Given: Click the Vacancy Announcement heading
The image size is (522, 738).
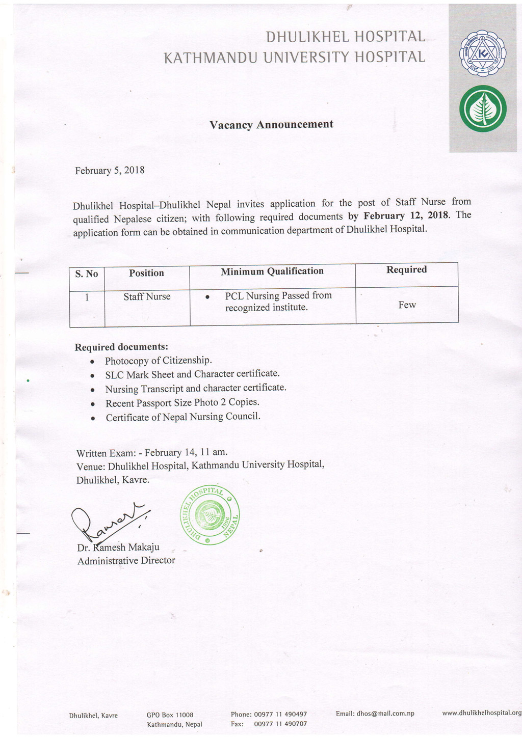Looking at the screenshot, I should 271,125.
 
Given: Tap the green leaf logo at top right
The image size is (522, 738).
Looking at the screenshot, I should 482,109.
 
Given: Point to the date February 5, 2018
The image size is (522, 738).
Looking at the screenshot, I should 110,171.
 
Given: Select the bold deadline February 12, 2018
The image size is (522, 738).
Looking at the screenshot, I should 405,215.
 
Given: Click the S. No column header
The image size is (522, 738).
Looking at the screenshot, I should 87,274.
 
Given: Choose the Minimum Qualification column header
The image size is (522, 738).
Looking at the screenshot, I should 272,271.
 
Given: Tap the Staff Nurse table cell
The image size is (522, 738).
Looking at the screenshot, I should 147,297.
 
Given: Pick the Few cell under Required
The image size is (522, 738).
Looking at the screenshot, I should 407,305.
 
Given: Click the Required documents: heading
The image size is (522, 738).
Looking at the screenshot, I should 121,347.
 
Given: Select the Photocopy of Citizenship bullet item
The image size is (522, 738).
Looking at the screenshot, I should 158,361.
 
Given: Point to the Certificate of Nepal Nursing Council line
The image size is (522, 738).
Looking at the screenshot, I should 183,417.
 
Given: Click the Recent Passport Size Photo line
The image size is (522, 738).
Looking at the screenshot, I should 182,403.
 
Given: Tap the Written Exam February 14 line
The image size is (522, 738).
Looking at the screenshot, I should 152,453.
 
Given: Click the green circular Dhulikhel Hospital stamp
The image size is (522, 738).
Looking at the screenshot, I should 210,515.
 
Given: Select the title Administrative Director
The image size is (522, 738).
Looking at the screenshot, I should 126,561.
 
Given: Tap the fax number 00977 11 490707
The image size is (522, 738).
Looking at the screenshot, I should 280,724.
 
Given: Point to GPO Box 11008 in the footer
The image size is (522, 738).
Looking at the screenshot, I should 170,715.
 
